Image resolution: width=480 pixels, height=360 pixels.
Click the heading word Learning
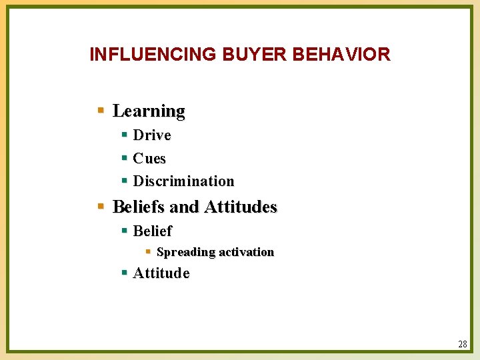click(149, 111)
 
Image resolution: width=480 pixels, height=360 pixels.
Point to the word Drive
click(152, 135)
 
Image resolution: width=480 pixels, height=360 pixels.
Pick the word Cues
click(149, 159)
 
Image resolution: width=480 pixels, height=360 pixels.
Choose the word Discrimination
click(183, 181)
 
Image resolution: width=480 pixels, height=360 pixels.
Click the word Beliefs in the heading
click(139, 207)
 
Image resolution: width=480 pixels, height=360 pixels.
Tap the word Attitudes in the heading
click(240, 207)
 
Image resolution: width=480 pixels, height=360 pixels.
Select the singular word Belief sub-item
click(152, 231)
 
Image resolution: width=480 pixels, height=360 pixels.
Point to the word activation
click(247, 252)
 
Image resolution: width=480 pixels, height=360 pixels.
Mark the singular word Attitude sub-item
click(161, 273)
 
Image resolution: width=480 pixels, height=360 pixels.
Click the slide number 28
click(463, 344)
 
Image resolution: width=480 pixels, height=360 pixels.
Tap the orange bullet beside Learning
click(101, 110)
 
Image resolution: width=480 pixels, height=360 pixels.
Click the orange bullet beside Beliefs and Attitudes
click(101, 207)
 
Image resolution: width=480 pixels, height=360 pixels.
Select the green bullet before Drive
click(125, 135)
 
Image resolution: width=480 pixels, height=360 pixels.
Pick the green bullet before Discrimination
click(125, 181)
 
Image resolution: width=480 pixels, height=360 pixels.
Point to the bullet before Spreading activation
click(148, 252)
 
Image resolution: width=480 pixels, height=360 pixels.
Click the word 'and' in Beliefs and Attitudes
click(185, 207)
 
